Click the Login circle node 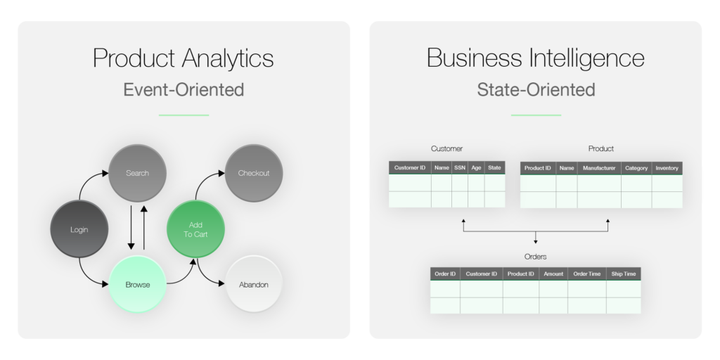[79, 230]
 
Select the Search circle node [137, 173]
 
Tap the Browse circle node [137, 285]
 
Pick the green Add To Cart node [196, 229]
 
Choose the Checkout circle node [254, 173]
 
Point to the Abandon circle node [254, 285]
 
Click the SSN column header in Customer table [460, 168]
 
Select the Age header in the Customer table [476, 168]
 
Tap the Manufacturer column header [599, 168]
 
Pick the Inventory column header [667, 168]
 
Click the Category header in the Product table [636, 168]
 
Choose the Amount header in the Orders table [553, 274]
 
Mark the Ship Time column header [623, 274]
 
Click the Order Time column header [586, 274]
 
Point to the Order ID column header [445, 274]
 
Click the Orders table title [536, 257]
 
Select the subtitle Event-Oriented [184, 90]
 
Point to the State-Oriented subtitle [536, 90]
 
